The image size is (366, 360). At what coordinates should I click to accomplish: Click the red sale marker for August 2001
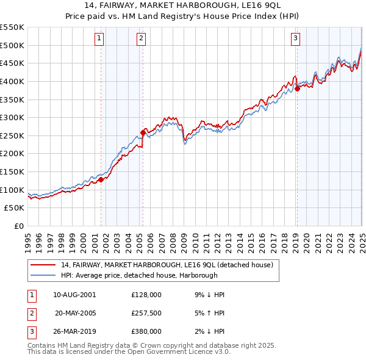point(101,179)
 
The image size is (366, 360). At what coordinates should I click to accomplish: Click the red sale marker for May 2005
point(143,132)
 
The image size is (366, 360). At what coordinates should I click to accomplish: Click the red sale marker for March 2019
point(297,88)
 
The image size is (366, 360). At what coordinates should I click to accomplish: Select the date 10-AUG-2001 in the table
point(74,295)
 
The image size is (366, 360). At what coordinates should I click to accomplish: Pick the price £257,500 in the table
point(146,313)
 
